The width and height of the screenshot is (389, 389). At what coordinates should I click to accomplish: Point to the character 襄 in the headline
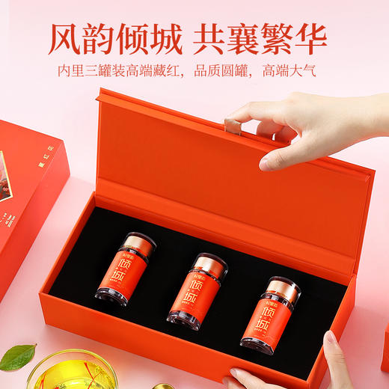(x=247, y=37)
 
